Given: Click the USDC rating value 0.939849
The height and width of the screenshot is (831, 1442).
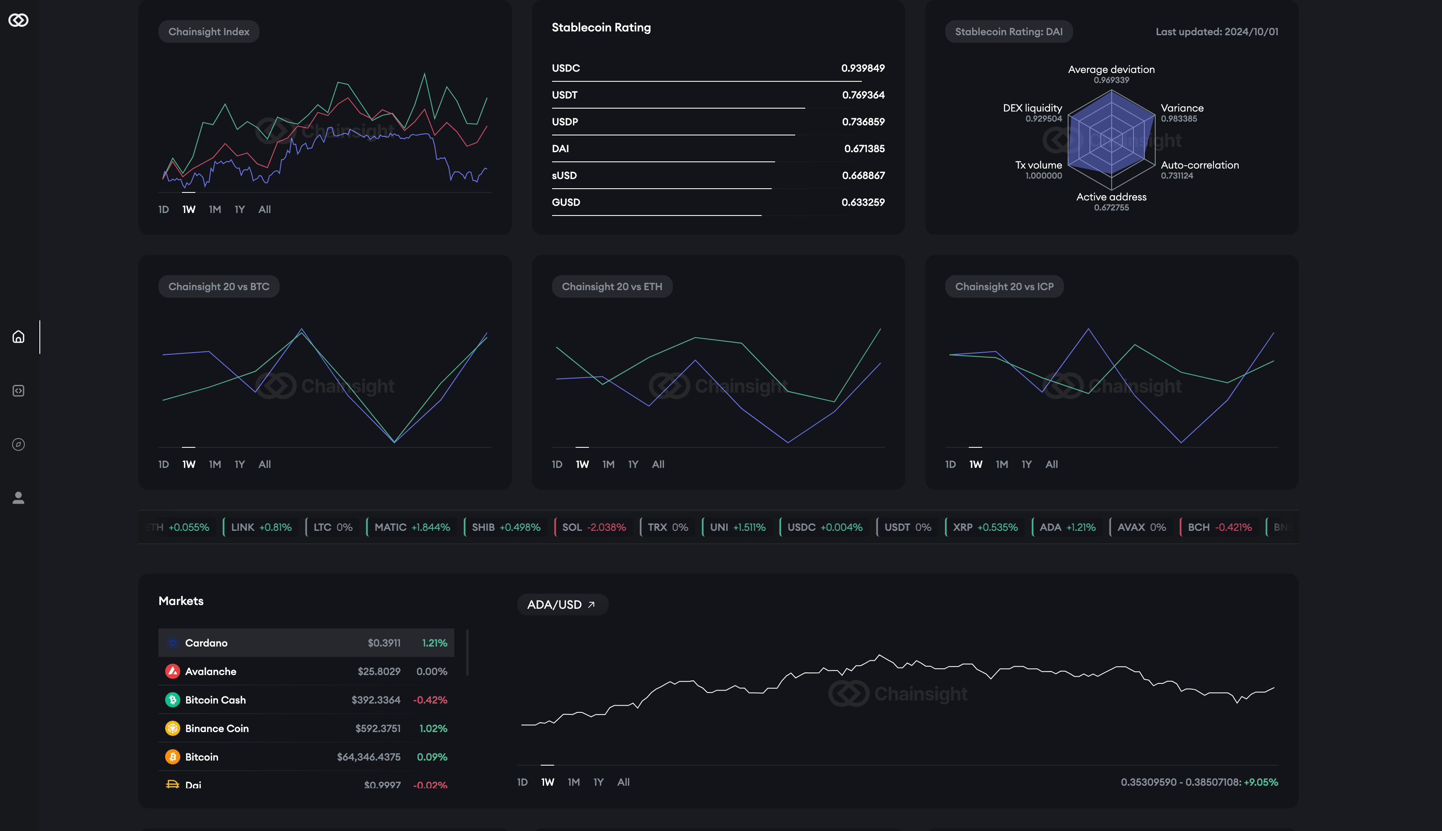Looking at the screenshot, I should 862,68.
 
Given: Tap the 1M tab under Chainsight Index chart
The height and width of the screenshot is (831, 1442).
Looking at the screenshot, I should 215,210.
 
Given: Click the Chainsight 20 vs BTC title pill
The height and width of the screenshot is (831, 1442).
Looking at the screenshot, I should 218,286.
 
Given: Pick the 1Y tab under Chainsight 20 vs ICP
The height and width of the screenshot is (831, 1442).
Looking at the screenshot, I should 1026,465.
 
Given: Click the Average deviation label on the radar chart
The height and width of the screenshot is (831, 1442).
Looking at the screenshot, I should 1110,70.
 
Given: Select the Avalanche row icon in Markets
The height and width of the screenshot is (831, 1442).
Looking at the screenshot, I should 172,671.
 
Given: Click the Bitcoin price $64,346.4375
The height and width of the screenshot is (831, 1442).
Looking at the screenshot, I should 368,757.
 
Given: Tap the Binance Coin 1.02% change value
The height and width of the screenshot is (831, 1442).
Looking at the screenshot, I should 433,728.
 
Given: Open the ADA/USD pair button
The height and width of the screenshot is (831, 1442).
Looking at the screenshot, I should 562,605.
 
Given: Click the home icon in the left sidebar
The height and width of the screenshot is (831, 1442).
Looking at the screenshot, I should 18,337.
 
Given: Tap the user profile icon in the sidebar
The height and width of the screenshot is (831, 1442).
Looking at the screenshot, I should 18,498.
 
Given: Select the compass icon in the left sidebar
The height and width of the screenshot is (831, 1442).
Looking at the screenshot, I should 18,444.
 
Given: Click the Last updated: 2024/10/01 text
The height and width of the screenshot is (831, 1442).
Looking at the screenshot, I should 1216,32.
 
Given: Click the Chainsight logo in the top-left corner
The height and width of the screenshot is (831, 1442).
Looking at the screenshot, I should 18,20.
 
